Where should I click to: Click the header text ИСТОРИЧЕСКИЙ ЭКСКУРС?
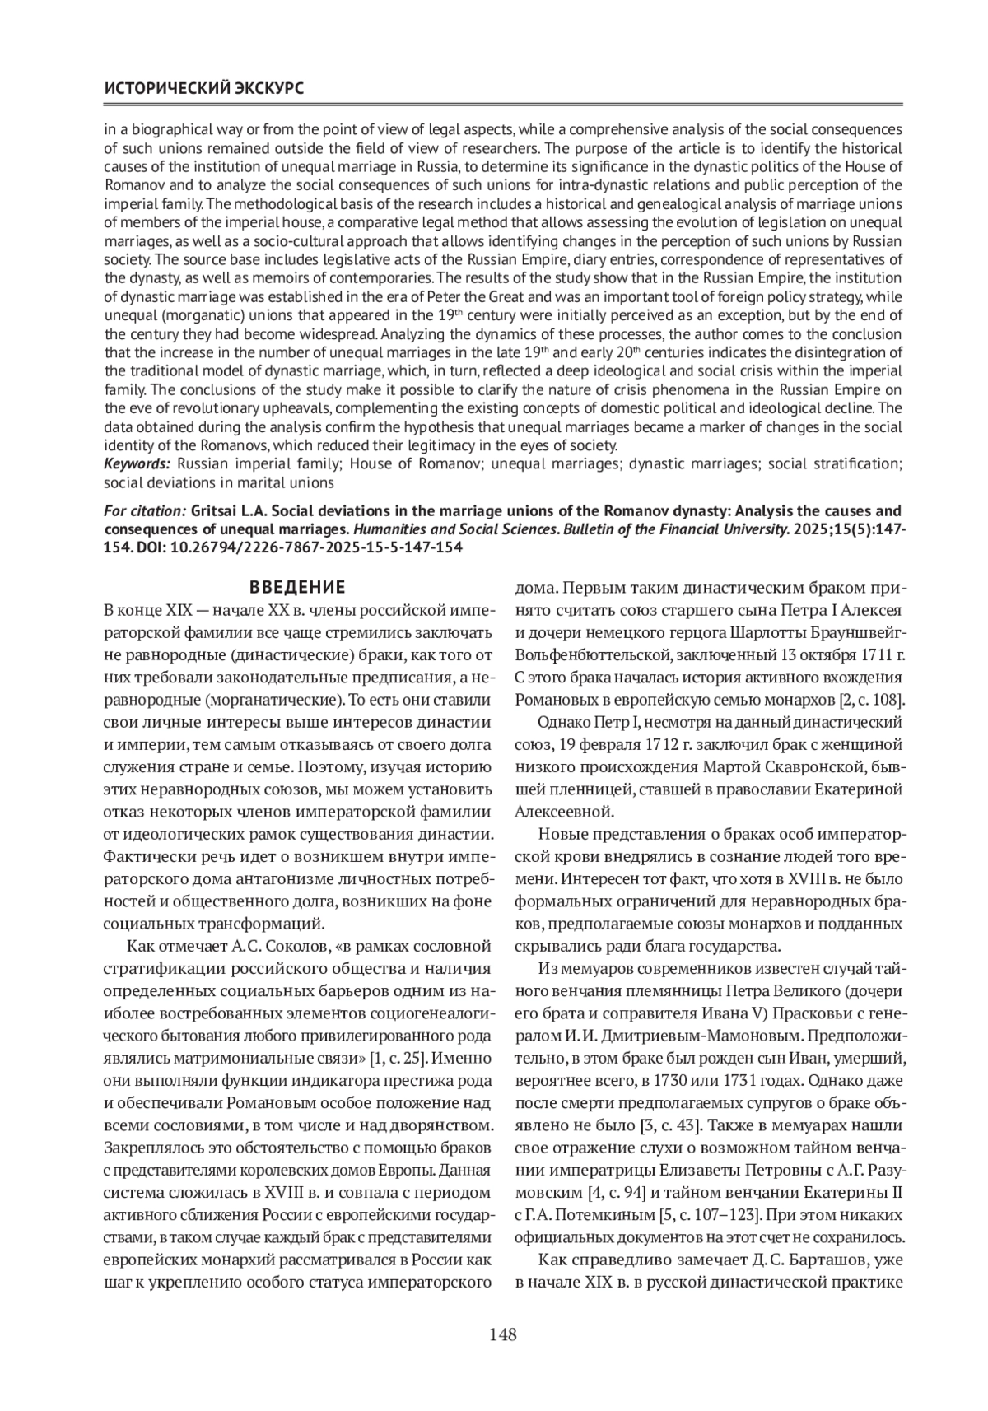point(203,88)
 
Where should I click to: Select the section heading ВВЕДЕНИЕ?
point(297,588)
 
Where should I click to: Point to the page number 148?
point(502,1334)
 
